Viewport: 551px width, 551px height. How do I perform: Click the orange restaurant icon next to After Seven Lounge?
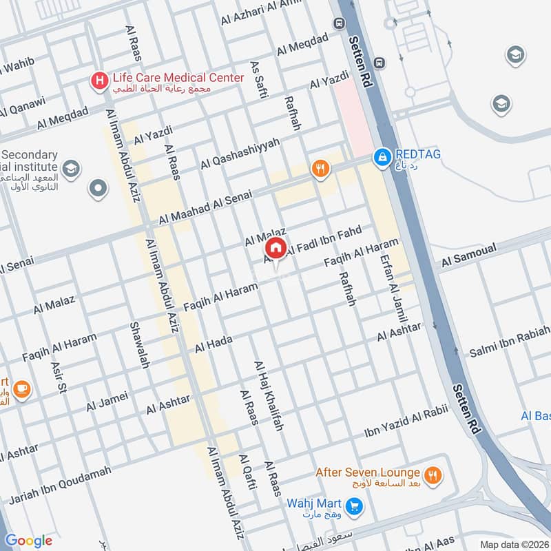[433, 475]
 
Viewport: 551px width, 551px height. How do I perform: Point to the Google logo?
[29, 541]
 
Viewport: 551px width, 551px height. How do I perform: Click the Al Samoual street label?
[468, 256]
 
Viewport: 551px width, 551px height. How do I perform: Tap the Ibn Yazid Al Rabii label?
[406, 422]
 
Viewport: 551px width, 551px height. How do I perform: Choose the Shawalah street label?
[139, 345]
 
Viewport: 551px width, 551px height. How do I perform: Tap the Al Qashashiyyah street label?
[240, 154]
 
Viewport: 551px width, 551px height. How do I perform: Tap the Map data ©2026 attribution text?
[514, 544]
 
